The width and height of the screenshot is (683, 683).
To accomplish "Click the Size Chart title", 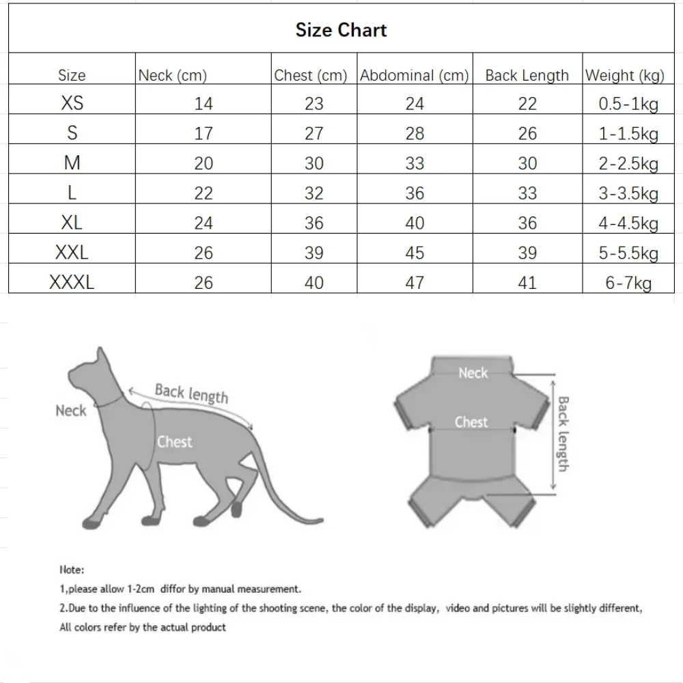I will [x=341, y=30].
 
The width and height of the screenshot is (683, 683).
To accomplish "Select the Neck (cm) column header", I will [x=172, y=75].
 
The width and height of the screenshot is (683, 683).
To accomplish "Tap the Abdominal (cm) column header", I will [x=414, y=75].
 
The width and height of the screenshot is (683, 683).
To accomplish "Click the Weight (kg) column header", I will [x=624, y=75].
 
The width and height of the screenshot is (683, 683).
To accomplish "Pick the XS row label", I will [x=72, y=104].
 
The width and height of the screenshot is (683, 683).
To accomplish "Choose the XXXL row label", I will [x=72, y=283].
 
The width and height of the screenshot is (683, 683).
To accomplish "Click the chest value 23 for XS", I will [x=313, y=104].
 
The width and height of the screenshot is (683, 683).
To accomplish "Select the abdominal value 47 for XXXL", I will [x=415, y=283].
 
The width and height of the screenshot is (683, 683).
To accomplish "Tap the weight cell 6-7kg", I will [x=628, y=283].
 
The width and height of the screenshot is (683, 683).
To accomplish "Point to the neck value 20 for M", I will [x=204, y=164].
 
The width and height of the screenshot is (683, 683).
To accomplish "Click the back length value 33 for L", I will [x=527, y=193].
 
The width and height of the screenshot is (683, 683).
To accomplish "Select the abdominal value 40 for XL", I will [x=415, y=223].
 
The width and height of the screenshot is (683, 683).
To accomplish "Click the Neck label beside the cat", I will [x=71, y=410].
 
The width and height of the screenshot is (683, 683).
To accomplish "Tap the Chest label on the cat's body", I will [x=175, y=442].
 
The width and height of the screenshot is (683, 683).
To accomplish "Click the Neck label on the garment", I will [x=473, y=373].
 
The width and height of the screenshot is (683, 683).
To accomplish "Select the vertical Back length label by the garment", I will [x=563, y=433].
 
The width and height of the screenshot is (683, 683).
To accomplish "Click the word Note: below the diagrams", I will [x=72, y=569].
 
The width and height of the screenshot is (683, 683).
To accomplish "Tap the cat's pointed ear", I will [x=102, y=354].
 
